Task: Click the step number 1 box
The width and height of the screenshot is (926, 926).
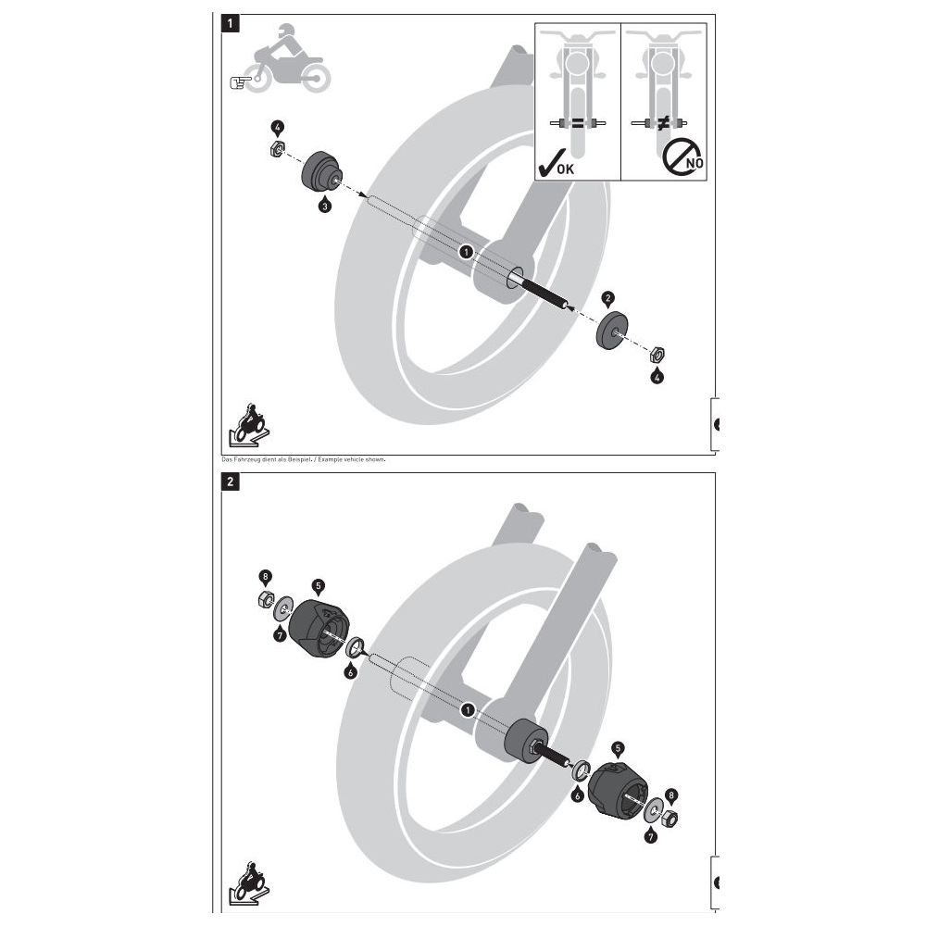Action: point(231,24)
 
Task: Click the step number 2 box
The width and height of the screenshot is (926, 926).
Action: point(231,482)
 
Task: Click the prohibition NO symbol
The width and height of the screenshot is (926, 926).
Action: point(682,156)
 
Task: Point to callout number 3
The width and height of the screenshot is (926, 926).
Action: point(324,206)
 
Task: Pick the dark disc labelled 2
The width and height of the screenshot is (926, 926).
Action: point(611,331)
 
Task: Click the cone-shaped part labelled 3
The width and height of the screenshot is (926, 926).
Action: point(322,171)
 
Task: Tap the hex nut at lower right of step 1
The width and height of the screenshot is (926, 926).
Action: point(657,356)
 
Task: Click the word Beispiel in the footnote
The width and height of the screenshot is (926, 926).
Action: point(300,459)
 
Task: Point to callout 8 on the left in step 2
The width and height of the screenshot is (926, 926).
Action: point(265,577)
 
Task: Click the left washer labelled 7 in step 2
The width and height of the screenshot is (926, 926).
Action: point(284,608)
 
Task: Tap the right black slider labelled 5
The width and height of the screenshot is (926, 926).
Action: point(617,788)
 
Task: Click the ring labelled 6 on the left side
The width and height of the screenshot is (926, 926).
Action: point(355,646)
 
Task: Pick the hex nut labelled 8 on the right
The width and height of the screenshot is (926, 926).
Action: point(669,819)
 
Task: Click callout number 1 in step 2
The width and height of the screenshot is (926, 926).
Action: point(468,709)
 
